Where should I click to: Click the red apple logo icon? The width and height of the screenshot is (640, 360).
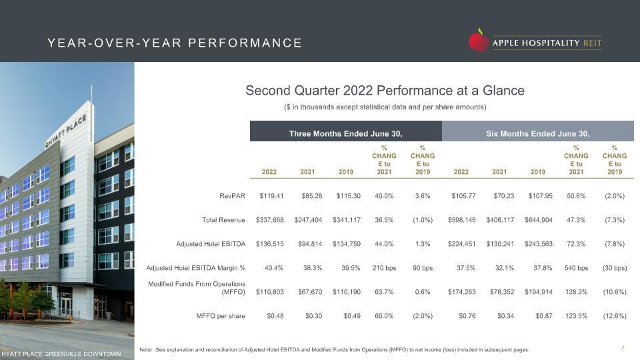click(x=479, y=40)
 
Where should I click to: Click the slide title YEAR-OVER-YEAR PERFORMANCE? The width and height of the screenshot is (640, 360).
click(x=175, y=43)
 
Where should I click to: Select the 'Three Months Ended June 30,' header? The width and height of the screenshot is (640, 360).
click(x=346, y=133)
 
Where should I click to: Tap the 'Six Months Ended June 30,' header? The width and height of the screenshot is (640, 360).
click(x=537, y=133)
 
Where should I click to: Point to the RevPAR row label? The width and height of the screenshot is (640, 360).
click(x=232, y=196)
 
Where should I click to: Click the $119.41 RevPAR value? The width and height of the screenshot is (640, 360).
click(x=271, y=196)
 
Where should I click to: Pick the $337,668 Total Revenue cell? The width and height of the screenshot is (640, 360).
click(x=269, y=220)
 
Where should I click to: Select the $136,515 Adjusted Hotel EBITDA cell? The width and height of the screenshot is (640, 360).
click(x=269, y=244)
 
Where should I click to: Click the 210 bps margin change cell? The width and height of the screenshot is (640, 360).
click(x=384, y=268)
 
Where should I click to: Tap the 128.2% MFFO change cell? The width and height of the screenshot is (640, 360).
click(x=576, y=292)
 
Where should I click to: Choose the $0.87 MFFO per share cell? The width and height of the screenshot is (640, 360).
click(x=544, y=316)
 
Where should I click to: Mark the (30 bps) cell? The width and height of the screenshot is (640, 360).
click(x=615, y=268)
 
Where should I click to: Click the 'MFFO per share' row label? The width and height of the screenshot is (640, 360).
click(x=221, y=316)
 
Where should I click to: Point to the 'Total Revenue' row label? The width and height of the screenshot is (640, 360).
click(x=224, y=220)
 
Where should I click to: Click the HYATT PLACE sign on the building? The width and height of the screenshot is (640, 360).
click(x=66, y=131)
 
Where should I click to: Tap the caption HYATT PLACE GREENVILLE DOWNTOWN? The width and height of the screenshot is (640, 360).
click(x=61, y=354)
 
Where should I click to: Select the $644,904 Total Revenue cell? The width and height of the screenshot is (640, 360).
click(x=539, y=220)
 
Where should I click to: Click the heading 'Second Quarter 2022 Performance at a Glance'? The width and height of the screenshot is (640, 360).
click(x=385, y=90)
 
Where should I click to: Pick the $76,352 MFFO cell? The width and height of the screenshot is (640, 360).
click(x=502, y=292)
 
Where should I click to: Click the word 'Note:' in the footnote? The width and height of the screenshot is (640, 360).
click(x=146, y=350)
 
